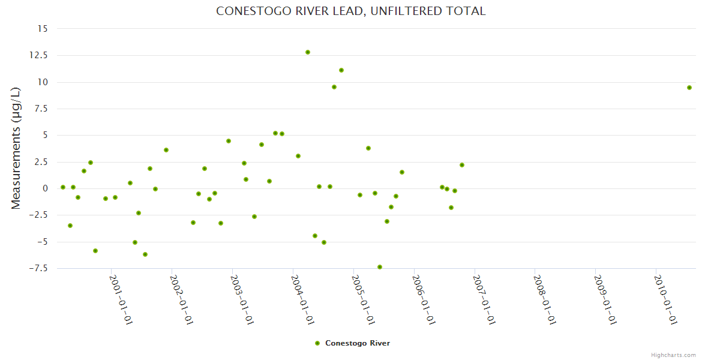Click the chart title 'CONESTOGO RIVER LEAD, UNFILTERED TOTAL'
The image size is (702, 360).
[x=350, y=11]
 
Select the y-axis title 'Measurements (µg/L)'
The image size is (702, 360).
[x=16, y=148]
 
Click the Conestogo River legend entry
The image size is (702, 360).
[x=353, y=343]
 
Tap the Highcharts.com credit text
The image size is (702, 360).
[x=673, y=355]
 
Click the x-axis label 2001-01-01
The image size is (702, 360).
[x=121, y=299]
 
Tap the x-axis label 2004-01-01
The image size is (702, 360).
[x=302, y=299]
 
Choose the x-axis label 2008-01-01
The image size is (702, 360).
[x=544, y=299]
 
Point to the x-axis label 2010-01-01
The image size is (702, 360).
[x=665, y=299]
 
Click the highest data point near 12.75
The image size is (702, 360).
[x=308, y=52]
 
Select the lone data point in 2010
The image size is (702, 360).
[x=689, y=88]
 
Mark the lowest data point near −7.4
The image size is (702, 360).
[x=380, y=267]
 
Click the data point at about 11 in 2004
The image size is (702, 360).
[x=341, y=70]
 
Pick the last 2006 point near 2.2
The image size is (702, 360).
[x=462, y=165]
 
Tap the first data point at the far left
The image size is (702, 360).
[x=63, y=187]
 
